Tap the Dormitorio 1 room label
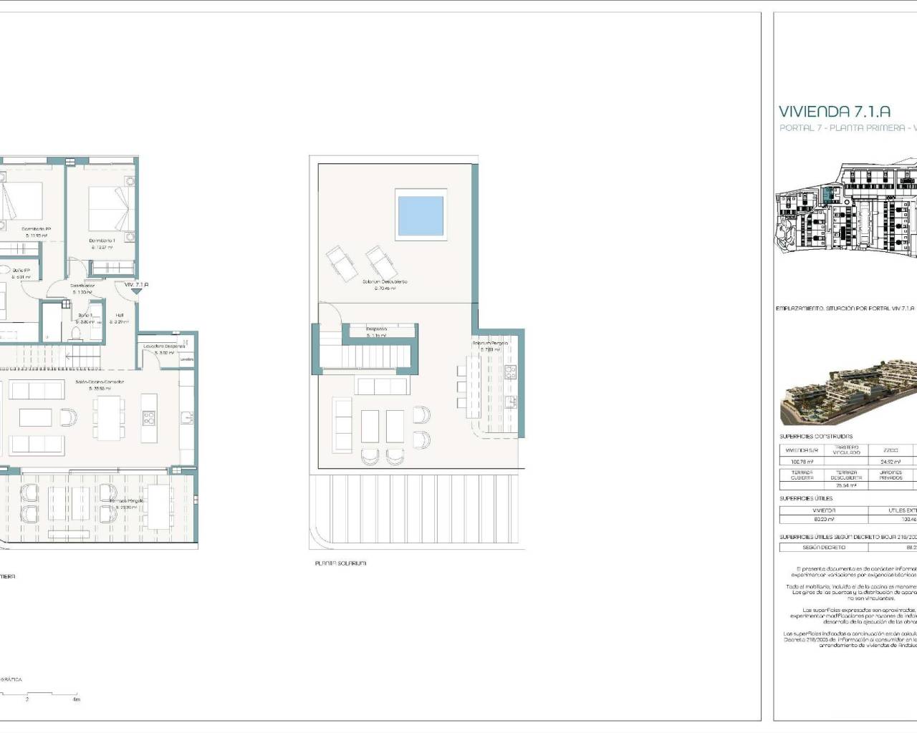(102, 241)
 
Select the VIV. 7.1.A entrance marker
(136, 285)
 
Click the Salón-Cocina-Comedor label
(100, 382)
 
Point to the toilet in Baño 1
(77, 334)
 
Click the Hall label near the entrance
(120, 315)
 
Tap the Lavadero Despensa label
(164, 346)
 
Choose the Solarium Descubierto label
(385, 282)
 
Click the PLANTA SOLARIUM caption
(340, 563)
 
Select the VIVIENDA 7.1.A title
(835, 112)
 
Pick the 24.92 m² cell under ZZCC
(890, 462)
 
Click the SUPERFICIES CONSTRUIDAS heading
(816, 437)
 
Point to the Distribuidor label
(82, 286)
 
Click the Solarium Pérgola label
(490, 344)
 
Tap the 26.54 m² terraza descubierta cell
(845, 485)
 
